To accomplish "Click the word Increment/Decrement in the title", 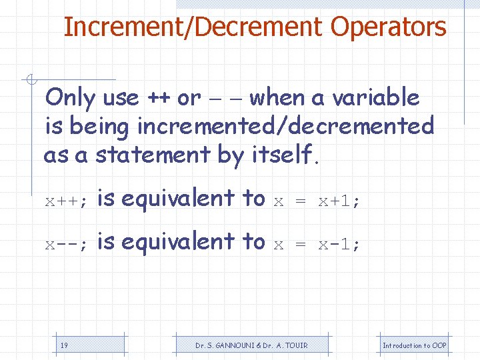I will click(193, 27).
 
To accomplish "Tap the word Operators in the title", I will click(388, 27).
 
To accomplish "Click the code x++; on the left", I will click(66, 201).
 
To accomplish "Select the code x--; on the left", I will click(66, 244).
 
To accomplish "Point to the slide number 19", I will click(64, 345).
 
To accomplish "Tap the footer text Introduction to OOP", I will click(414, 345).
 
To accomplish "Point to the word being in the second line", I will click(100, 126).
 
